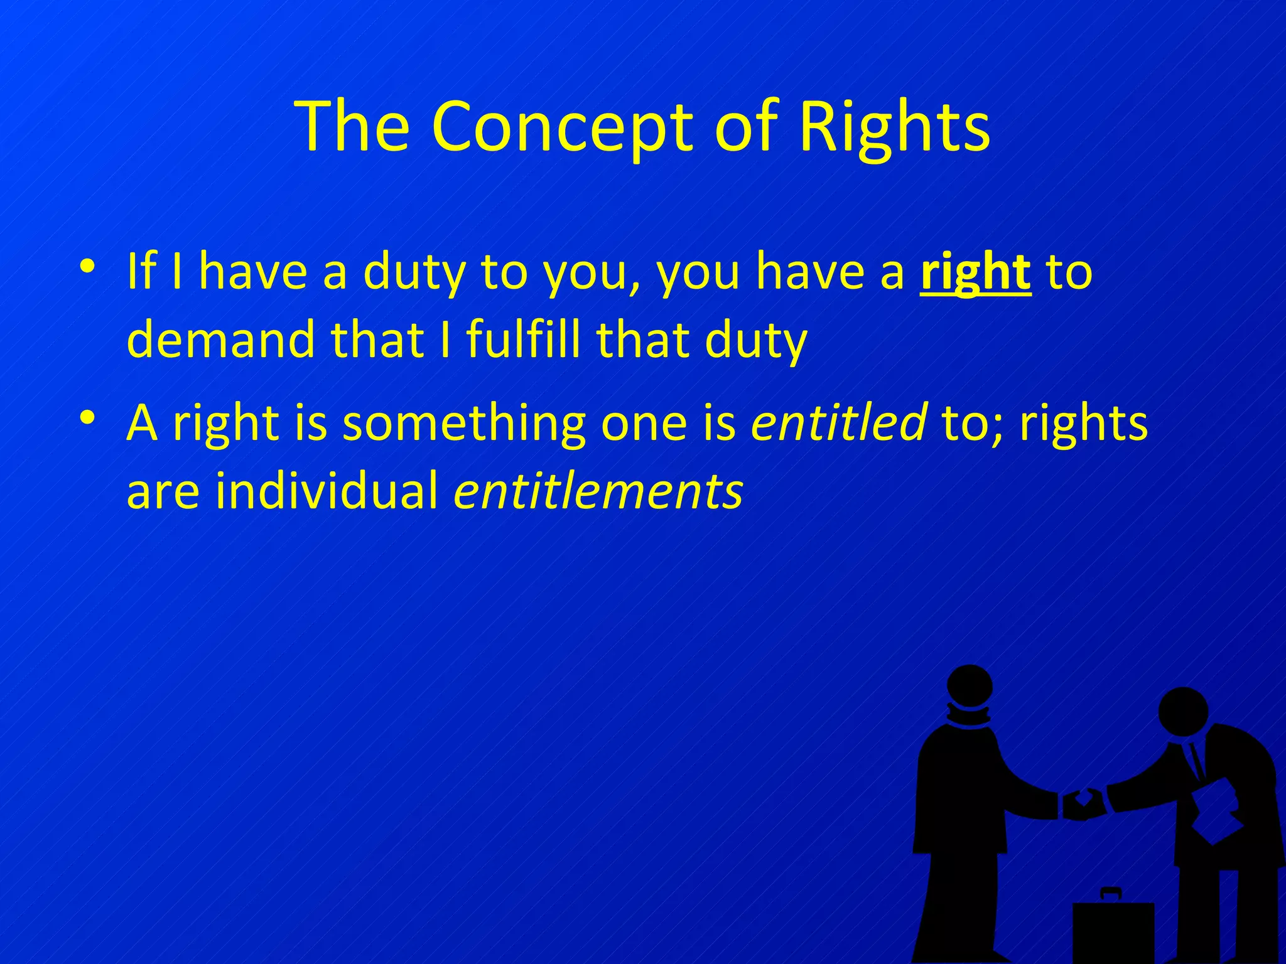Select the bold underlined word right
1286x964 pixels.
point(975,272)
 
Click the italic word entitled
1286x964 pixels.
point(838,422)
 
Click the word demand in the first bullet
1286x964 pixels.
point(220,340)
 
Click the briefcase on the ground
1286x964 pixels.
point(1113,929)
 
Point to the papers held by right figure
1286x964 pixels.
point(1215,810)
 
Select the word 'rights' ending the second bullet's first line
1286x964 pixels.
point(1083,422)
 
